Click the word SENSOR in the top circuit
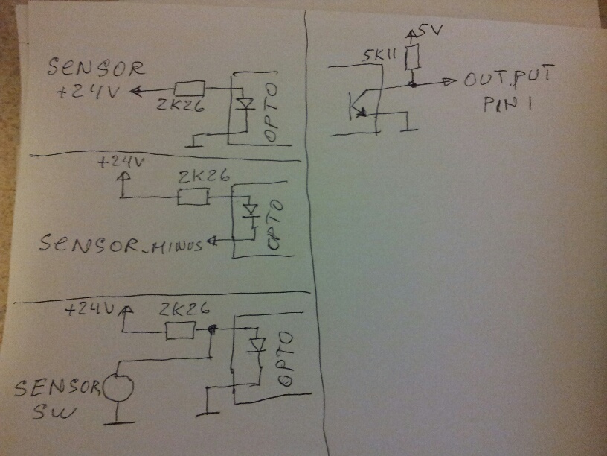click(96, 69)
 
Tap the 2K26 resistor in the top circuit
click(188, 90)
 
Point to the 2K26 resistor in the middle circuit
click(194, 197)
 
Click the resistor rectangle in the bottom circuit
click(180, 331)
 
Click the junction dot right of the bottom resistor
click(213, 329)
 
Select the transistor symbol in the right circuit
click(358, 104)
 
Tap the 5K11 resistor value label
click(379, 56)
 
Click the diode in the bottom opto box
click(257, 346)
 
